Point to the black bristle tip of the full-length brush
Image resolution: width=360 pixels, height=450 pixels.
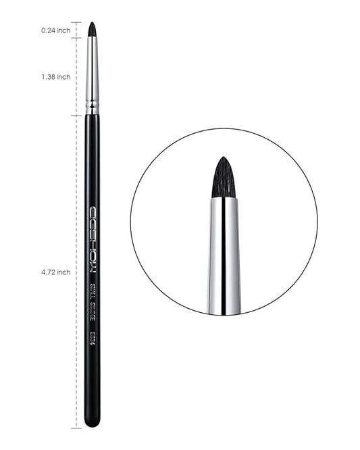point(92,29)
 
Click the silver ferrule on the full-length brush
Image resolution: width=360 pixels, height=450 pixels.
point(92,74)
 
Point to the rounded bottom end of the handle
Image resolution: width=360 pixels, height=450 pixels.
point(93,422)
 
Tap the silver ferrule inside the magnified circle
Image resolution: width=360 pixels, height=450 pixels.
point(224,257)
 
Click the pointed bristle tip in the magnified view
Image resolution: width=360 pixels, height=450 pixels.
point(224,159)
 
